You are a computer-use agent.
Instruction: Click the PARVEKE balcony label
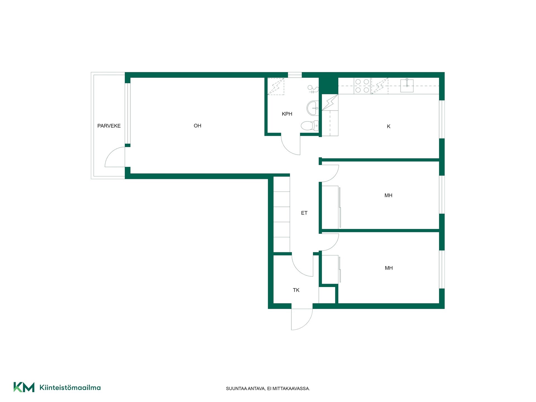pos(109,126)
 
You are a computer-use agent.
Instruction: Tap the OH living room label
pos(197,126)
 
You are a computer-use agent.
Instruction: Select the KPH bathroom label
pos(287,114)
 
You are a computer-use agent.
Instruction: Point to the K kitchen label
pos(389,126)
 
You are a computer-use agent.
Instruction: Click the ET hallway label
pos(304,213)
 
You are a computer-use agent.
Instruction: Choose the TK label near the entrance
pos(296,290)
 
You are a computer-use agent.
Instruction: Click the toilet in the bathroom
pos(310,125)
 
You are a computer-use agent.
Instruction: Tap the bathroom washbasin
pos(312,108)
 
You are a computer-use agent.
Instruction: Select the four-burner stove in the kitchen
pos(362,86)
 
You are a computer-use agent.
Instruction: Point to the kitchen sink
pos(407,85)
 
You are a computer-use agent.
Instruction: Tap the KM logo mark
pos(24,387)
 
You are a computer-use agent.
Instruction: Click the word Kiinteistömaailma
pos(70,387)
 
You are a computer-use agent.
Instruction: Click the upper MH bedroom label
pos(388,195)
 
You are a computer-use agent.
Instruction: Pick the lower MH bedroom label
pos(389,268)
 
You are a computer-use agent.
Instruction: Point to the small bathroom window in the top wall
pos(295,75)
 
